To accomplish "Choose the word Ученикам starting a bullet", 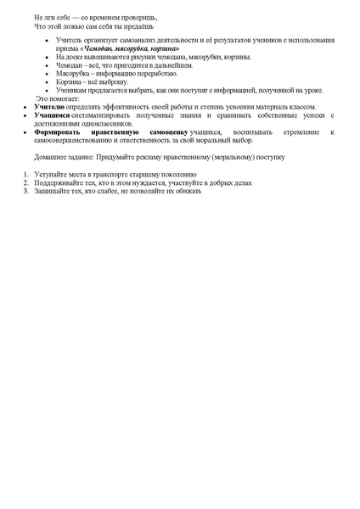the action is (x=70, y=90).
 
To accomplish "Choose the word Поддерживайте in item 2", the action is (x=58, y=182).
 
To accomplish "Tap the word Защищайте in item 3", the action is (x=51, y=190).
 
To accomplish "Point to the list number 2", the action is (x=25, y=182).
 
